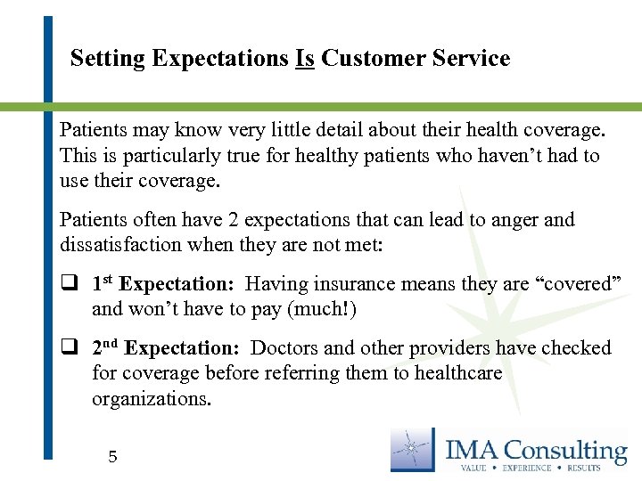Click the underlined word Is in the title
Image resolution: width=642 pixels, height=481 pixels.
coord(304,59)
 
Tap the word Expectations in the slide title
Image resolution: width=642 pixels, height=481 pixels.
coord(220,60)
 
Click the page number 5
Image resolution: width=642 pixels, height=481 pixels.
coord(112,458)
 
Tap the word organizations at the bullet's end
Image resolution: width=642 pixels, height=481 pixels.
coord(152,399)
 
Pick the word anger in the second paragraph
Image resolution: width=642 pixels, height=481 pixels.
coord(511,220)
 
